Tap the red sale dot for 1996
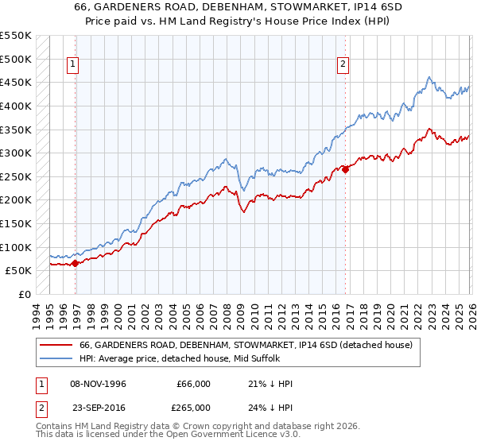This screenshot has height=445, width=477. tap(75, 263)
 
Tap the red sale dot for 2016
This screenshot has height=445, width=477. tap(345, 169)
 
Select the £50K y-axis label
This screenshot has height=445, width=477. tap(18, 270)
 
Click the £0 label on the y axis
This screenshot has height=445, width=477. tap(25, 294)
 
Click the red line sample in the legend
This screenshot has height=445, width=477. tap(56, 346)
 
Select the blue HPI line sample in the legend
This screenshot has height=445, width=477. tap(56, 359)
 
